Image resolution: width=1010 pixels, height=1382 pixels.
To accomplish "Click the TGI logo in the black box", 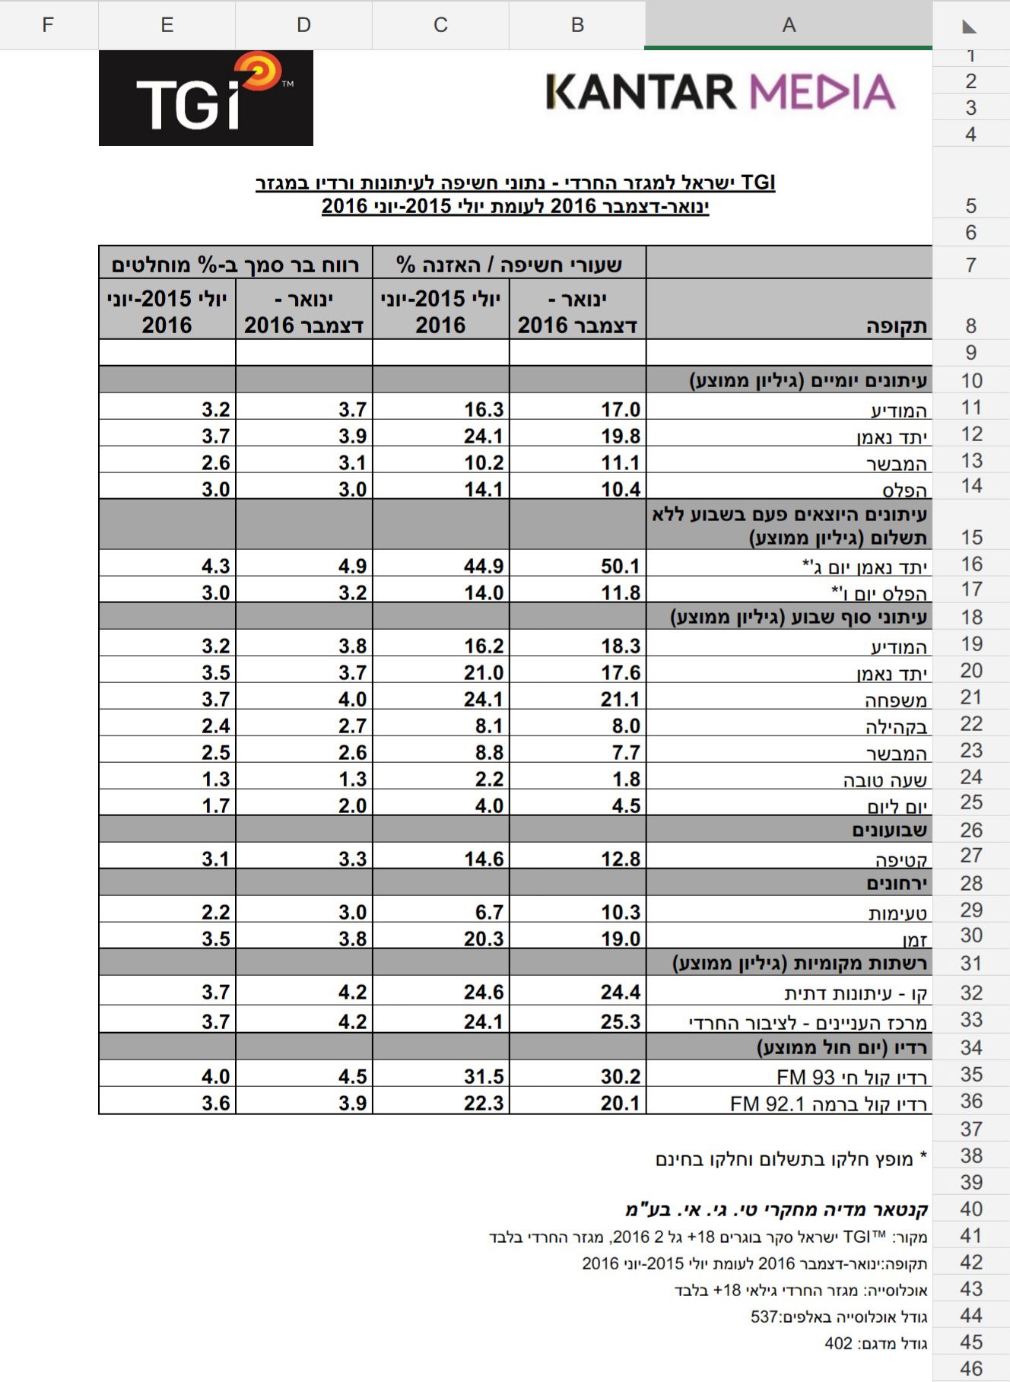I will coord(205,98).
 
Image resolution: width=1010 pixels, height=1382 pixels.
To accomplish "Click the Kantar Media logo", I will coord(720,92).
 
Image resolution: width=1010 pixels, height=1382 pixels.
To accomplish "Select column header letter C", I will coord(440,25).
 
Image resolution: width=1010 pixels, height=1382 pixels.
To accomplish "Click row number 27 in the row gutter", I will coord(970,856).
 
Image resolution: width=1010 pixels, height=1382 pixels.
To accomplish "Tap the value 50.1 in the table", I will coord(621,566).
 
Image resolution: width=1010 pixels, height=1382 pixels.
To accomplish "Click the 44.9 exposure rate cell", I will coord(484,566).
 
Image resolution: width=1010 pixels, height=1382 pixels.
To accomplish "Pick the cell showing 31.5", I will coord(484,1076).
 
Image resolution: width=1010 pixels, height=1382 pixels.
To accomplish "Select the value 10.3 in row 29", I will coord(621,912).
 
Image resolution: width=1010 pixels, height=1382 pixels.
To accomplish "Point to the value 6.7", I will coord(489,912).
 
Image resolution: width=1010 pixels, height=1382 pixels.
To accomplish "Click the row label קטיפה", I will coord(901,859).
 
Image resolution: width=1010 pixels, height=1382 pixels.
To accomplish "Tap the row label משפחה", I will coord(896,700).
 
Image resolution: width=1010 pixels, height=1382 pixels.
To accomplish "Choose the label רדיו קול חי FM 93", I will coord(852,1077).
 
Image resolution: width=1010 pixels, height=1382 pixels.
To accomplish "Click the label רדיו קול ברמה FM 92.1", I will coord(829,1104).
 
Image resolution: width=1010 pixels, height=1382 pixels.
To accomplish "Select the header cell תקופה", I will coord(897,326).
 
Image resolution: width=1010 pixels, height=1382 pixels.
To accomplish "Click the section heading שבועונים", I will coord(889,830).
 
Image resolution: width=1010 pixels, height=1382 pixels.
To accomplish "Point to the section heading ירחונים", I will coord(897,883).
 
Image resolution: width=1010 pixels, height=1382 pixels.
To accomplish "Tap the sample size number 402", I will coord(838,1343).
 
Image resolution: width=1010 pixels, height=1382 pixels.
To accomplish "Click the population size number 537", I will coord(764,1317).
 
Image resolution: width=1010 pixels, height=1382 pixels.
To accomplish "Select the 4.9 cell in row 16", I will coord(353,566).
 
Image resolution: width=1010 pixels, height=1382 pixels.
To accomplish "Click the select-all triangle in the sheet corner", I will coord(969,27).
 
